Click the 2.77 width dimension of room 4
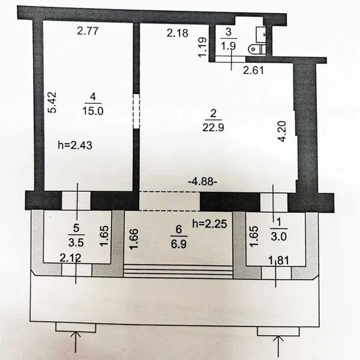(88, 31)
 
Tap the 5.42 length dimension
(52, 103)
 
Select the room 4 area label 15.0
(93, 111)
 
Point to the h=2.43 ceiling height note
(75, 145)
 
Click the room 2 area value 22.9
(213, 127)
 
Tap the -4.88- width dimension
(203, 182)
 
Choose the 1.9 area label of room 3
(228, 46)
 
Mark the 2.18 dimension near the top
(178, 33)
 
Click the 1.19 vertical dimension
(203, 47)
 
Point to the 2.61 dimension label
(253, 70)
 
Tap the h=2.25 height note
(210, 224)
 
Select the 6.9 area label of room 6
(179, 244)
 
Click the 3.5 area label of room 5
(76, 242)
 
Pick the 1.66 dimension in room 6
(134, 239)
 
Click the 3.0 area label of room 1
(279, 236)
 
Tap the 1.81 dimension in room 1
(278, 261)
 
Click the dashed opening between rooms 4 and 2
(136, 111)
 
